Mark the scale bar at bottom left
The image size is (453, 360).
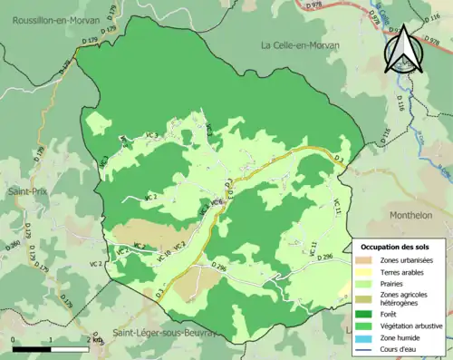tap(50, 348)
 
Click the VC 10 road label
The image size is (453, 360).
tap(163, 257)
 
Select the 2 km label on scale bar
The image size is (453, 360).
tap(91, 340)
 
